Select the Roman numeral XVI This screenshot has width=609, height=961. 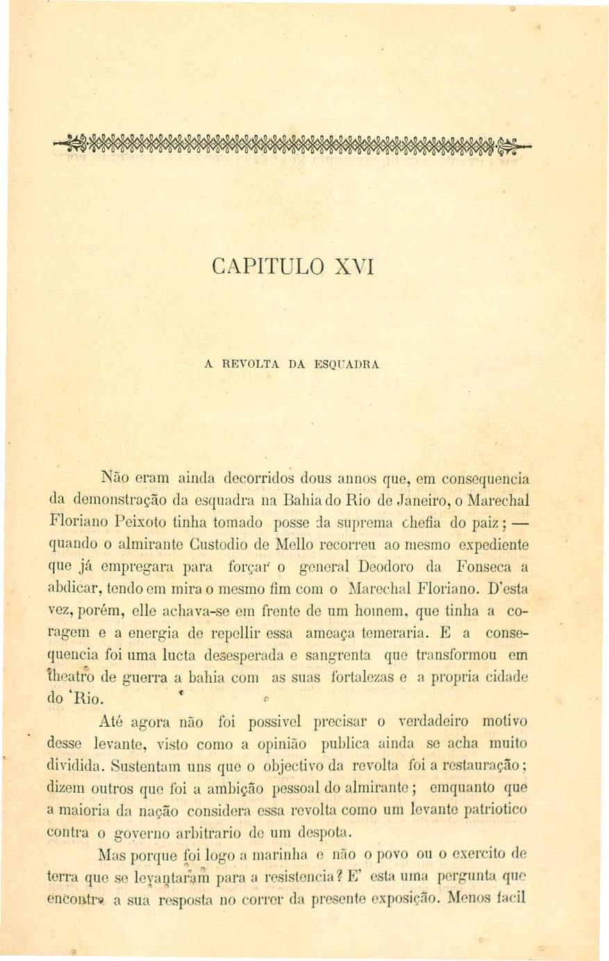tap(352, 267)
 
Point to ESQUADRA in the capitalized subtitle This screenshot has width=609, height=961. tap(348, 363)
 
